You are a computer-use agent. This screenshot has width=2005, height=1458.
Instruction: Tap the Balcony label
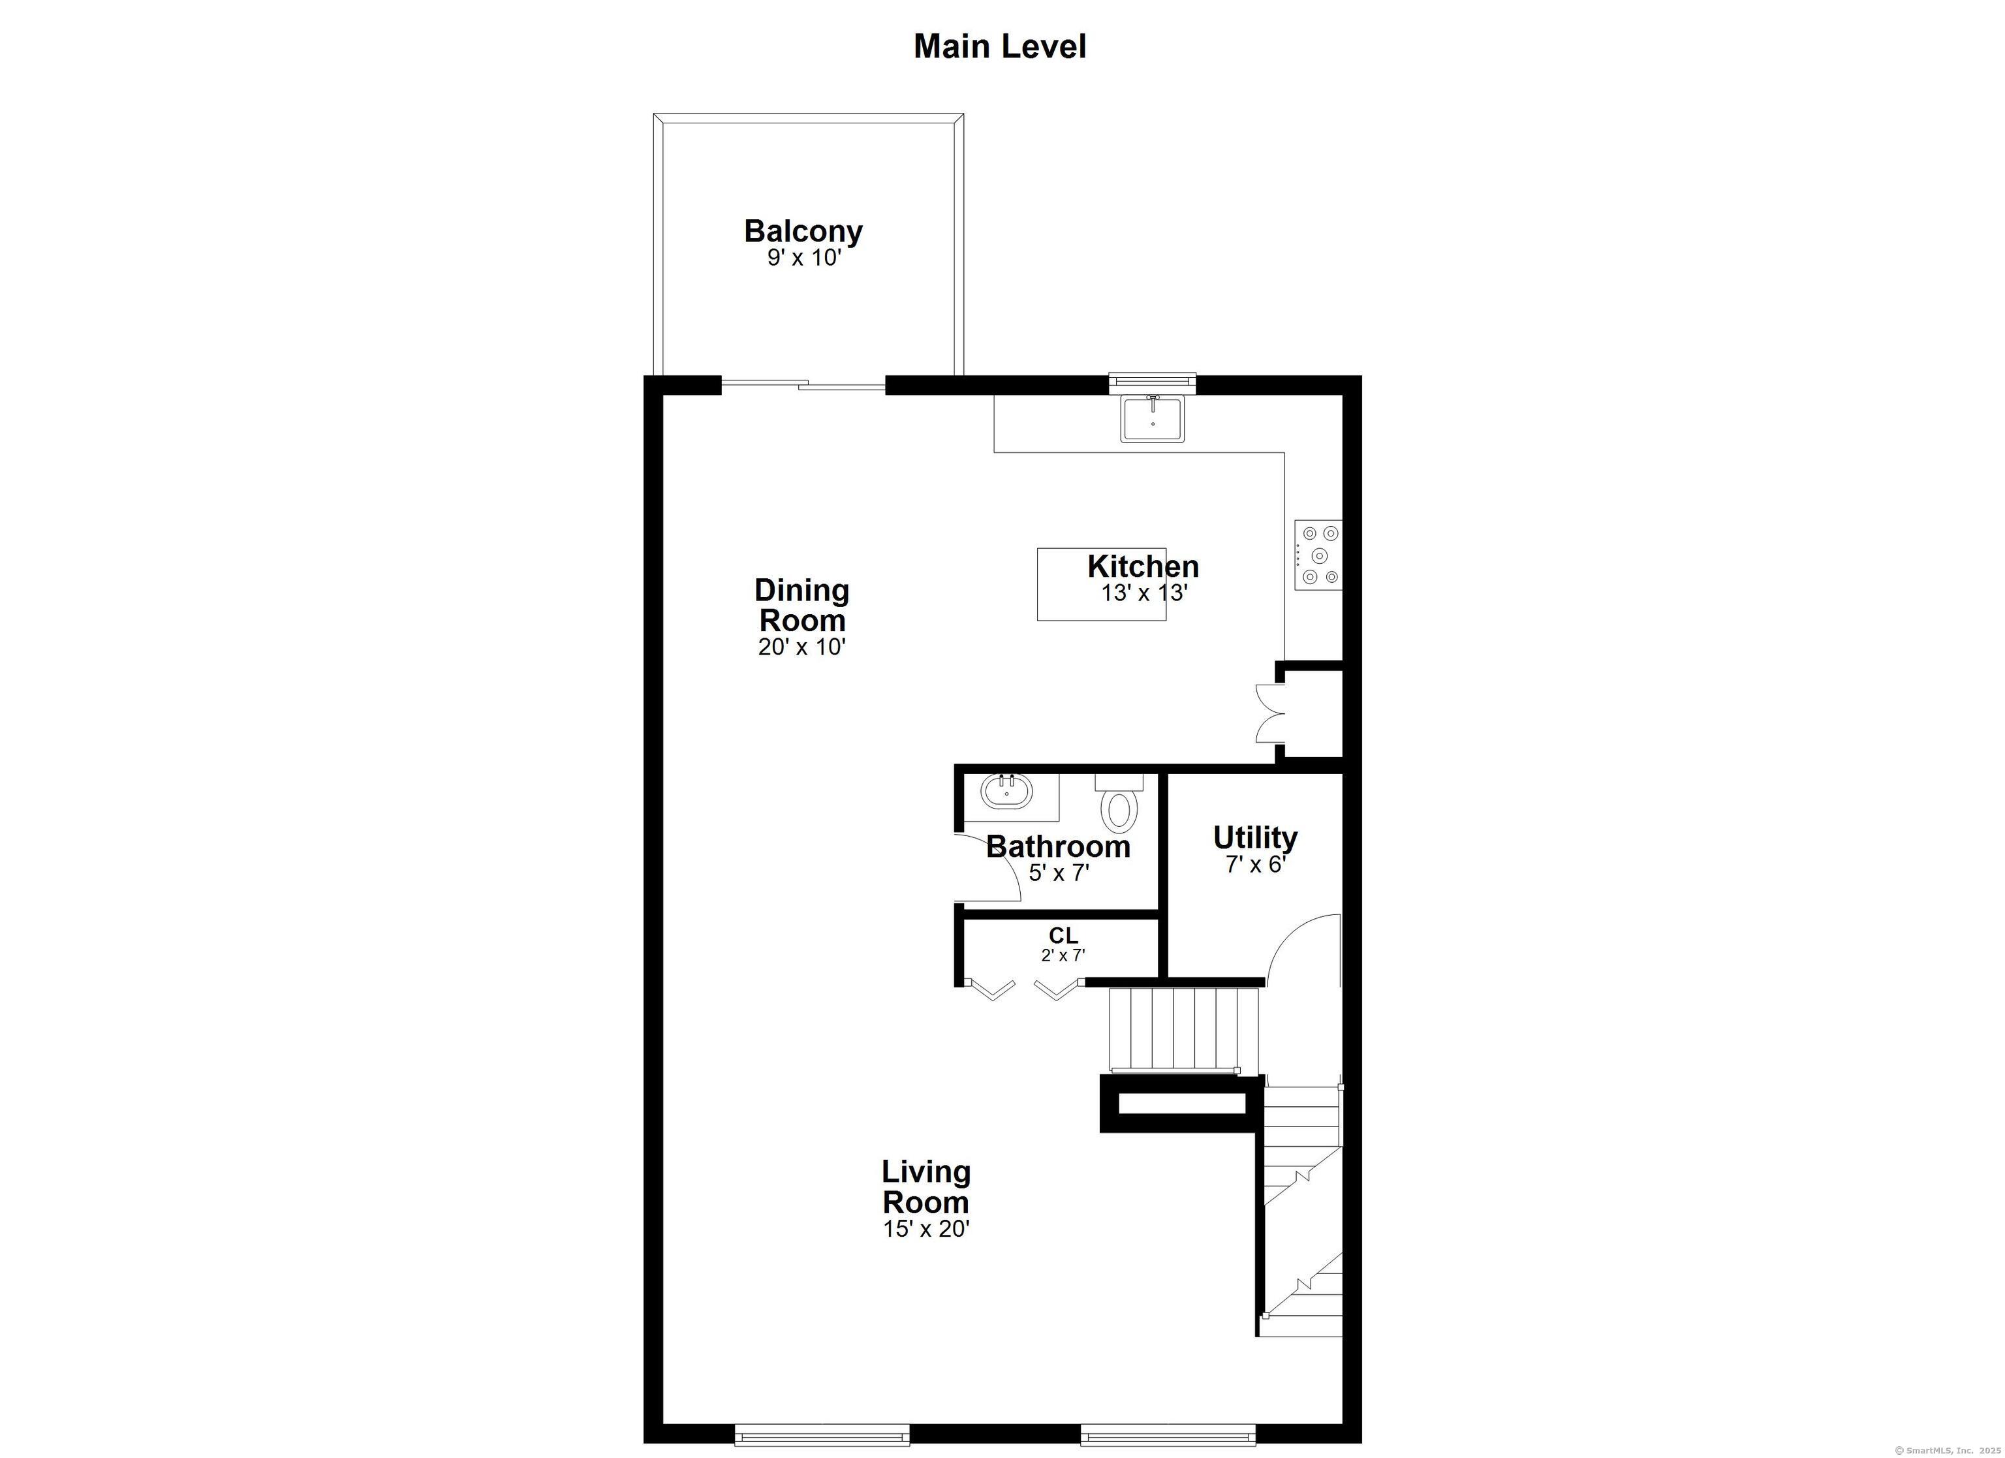(803, 231)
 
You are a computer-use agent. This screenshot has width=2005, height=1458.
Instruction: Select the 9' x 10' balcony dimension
(803, 258)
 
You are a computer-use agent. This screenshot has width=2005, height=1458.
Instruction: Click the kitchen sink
(1152, 418)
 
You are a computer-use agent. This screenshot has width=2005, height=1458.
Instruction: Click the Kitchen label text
(1143, 566)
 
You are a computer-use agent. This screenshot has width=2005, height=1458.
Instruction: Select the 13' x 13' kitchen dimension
(1143, 593)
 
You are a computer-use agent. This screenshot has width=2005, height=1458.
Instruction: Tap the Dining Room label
(802, 605)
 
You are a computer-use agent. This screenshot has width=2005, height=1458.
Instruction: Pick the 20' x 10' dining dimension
(802, 647)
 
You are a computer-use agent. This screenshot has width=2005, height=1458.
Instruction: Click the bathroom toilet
(1119, 807)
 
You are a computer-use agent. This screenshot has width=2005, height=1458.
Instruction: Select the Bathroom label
(1058, 846)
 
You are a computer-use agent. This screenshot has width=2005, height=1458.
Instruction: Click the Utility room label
(1254, 837)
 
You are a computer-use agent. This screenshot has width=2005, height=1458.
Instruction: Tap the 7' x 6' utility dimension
(1254, 864)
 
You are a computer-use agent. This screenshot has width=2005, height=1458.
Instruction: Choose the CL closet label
(1063, 935)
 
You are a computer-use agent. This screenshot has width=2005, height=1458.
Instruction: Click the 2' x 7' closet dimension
(1063, 955)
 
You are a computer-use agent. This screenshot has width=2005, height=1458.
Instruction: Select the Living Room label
(925, 1187)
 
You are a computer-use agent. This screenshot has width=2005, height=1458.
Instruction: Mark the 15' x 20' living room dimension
(925, 1229)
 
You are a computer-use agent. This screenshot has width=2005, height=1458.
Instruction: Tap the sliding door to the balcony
(803, 384)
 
